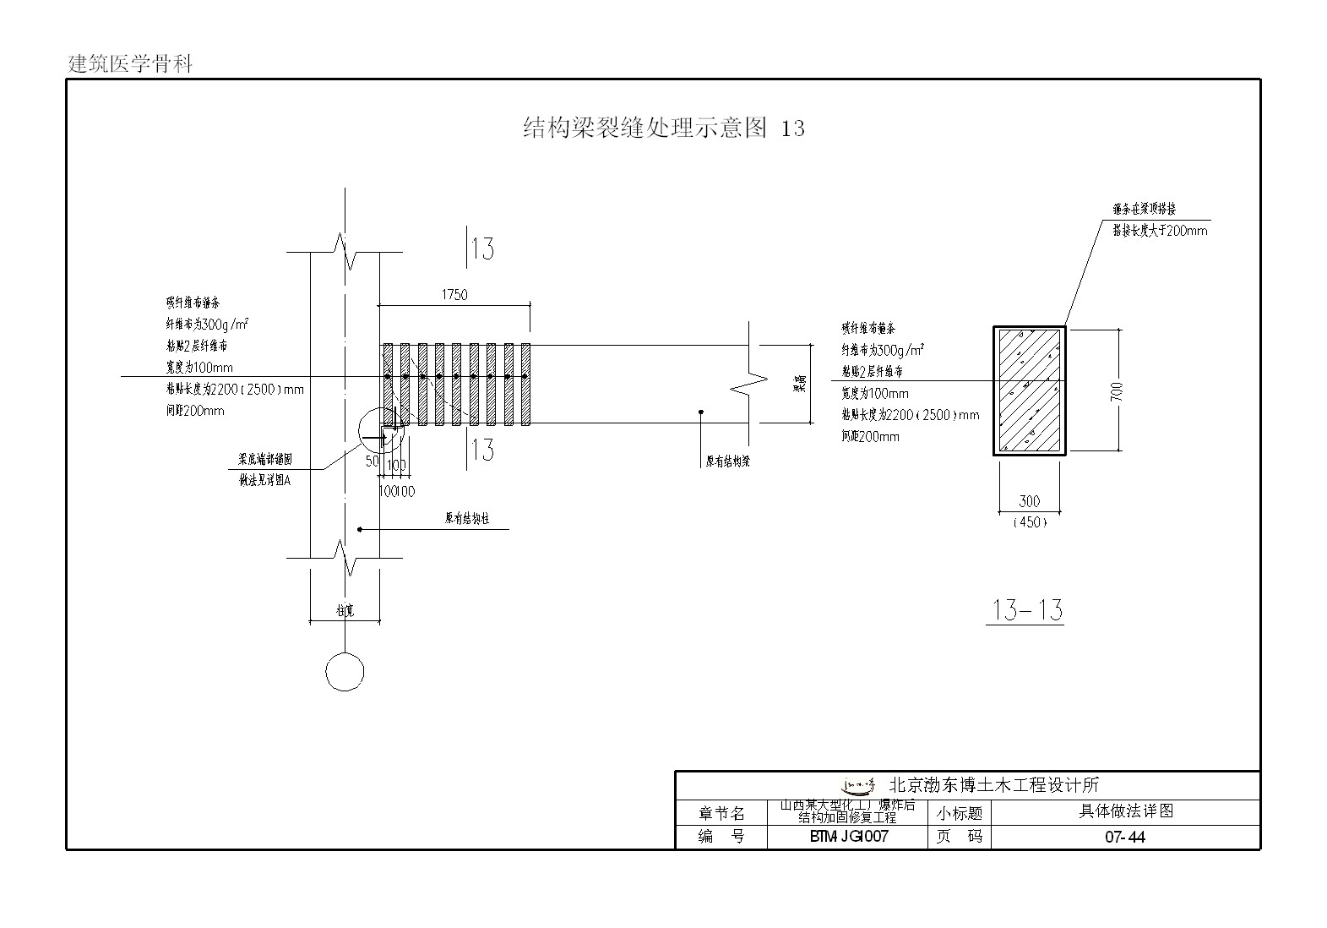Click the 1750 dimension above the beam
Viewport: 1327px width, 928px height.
pyautogui.click(x=454, y=295)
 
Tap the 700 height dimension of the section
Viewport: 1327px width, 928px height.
pyautogui.click(x=1116, y=390)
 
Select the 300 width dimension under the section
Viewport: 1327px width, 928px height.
pyautogui.click(x=1029, y=501)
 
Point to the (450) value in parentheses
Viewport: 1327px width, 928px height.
pyautogui.click(x=1029, y=522)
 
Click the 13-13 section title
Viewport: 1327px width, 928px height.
pyautogui.click(x=1025, y=609)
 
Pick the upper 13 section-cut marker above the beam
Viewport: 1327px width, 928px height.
pyautogui.click(x=481, y=248)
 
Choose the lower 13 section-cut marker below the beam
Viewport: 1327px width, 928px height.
pyautogui.click(x=481, y=449)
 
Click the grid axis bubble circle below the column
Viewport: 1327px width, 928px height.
pyautogui.click(x=345, y=673)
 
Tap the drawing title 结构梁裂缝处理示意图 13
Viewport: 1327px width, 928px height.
pyautogui.click(x=664, y=128)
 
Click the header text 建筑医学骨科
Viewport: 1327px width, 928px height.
pyautogui.click(x=131, y=64)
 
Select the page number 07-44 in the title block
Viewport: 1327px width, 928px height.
pyautogui.click(x=1124, y=838)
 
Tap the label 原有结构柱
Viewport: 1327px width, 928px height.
pyautogui.click(x=467, y=519)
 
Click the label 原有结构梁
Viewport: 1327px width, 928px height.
pyautogui.click(x=728, y=461)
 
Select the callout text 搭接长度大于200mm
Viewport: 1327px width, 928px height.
pyautogui.click(x=1159, y=230)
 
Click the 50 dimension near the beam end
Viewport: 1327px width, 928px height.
pyautogui.click(x=372, y=461)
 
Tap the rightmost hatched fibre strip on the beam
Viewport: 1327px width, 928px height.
pyautogui.click(x=525, y=384)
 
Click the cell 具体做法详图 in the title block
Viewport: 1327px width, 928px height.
pyautogui.click(x=1125, y=811)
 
